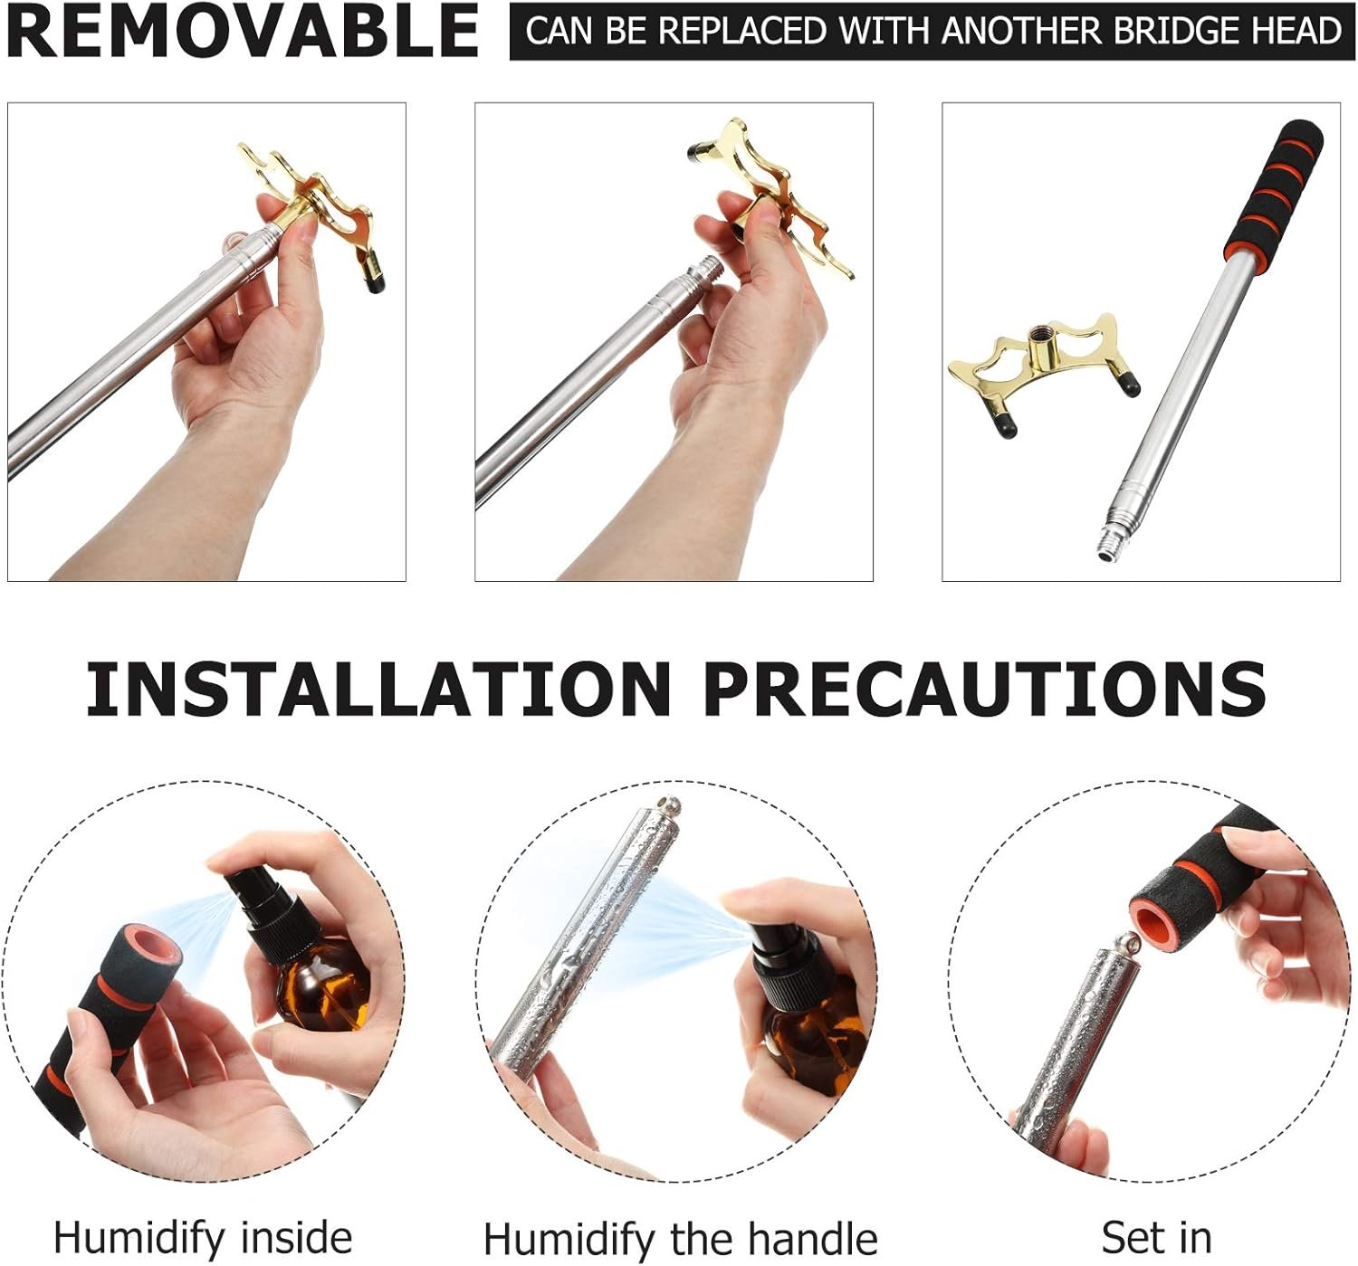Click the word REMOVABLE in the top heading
click(x=242, y=31)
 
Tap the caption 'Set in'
click(x=1156, y=1236)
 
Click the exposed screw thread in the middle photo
click(x=705, y=267)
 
